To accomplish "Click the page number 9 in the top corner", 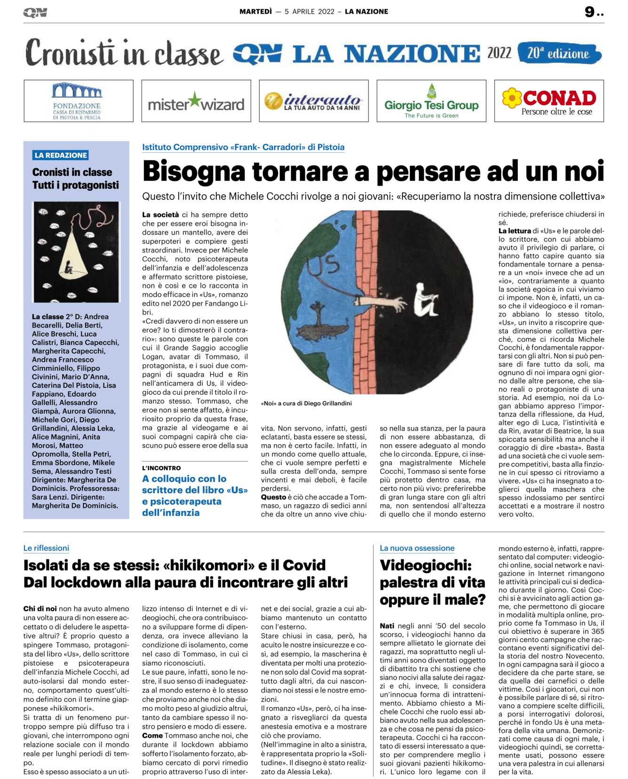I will [590, 12].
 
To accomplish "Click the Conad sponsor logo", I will [549, 101].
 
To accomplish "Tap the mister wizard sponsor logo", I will [196, 102].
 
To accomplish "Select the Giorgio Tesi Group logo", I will [431, 102].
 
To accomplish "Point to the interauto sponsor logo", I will [314, 101].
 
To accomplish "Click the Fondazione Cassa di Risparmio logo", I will [77, 101].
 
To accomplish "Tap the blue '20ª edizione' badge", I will [558, 53].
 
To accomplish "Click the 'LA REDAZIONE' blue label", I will [61, 155].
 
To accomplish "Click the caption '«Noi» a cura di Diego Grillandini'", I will [306, 403].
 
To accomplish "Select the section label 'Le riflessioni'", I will [46, 548].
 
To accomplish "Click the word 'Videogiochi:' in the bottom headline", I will [425, 565].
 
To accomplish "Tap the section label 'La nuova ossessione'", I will [417, 548].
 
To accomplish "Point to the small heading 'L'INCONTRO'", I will [161, 468].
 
